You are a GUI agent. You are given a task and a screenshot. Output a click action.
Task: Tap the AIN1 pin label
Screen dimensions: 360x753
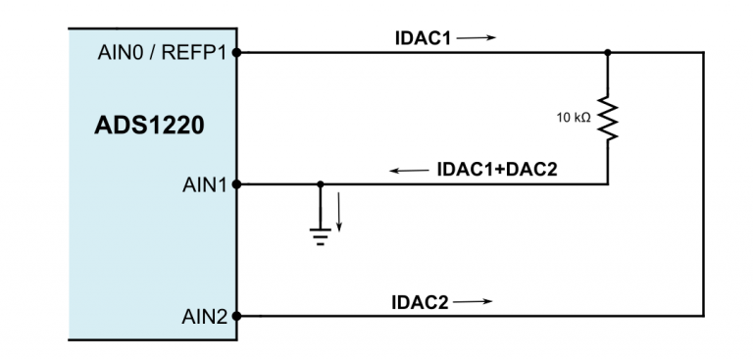pyautogui.click(x=206, y=183)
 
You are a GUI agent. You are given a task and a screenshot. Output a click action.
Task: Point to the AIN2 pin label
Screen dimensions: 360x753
pyautogui.click(x=206, y=316)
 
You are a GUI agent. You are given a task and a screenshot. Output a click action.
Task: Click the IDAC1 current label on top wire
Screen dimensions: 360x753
pyautogui.click(x=420, y=38)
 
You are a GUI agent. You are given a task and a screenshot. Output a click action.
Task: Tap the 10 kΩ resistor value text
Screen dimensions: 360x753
pyautogui.click(x=574, y=118)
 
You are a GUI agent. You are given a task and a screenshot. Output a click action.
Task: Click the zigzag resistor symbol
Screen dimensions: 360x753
pyautogui.click(x=609, y=119)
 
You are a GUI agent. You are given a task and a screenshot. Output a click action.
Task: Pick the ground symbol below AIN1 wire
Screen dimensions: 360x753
pyautogui.click(x=321, y=232)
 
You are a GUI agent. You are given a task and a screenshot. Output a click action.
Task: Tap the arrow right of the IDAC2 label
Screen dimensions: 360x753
pyautogui.click(x=473, y=301)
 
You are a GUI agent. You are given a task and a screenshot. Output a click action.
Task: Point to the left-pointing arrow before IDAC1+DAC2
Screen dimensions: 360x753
pyautogui.click(x=409, y=170)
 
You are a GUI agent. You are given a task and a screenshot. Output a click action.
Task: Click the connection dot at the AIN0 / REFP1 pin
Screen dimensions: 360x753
pyautogui.click(x=236, y=53)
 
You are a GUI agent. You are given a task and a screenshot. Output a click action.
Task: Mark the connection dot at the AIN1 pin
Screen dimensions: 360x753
pyautogui.click(x=236, y=183)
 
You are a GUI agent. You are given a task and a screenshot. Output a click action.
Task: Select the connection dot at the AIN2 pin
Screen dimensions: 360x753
pyautogui.click(x=236, y=316)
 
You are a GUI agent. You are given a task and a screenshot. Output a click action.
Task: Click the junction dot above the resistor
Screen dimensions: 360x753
pyautogui.click(x=609, y=53)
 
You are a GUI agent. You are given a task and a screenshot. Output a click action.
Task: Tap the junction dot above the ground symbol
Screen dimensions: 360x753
pyautogui.click(x=321, y=183)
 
